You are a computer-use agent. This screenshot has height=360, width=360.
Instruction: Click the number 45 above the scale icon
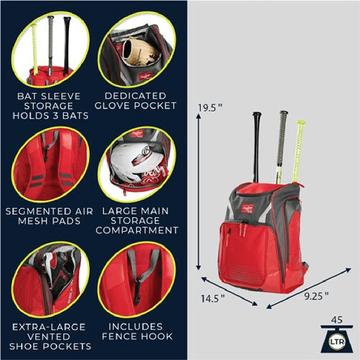point(338,320)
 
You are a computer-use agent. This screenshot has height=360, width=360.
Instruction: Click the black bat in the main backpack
point(256,144)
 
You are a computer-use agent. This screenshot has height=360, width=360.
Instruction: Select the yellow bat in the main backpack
point(298,150)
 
